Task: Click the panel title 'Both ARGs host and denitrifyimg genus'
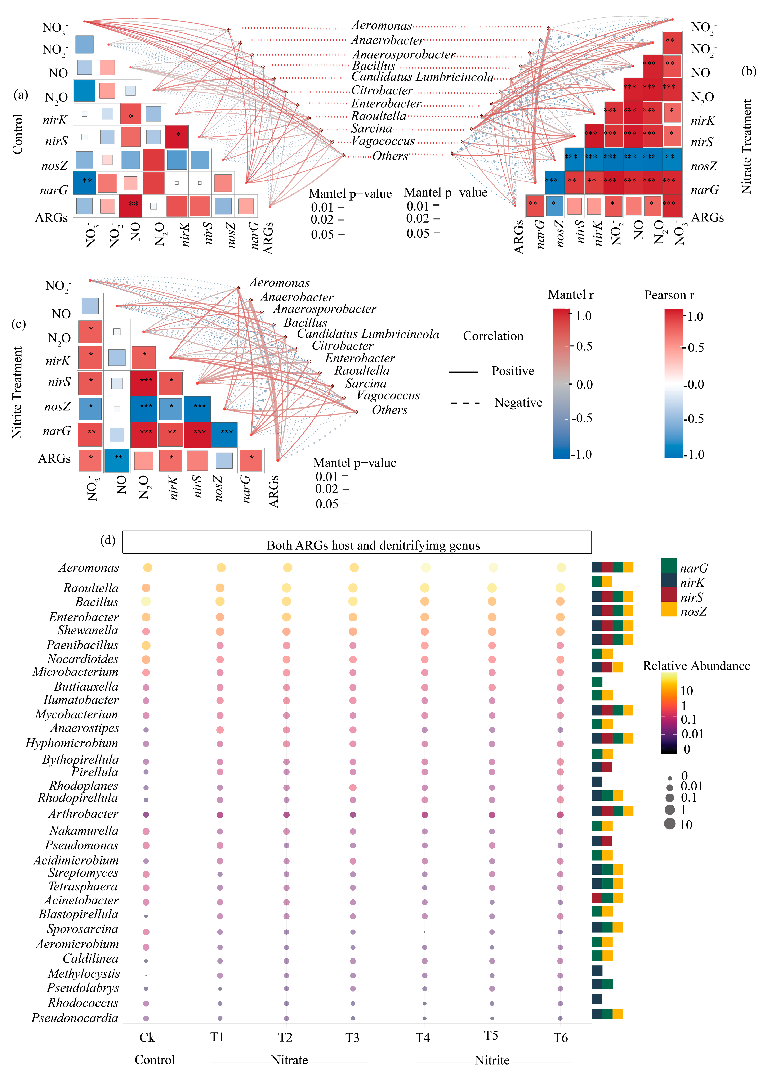[373, 545]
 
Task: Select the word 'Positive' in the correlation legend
[513, 371]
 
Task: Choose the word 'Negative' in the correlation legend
[518, 402]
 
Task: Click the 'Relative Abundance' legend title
[697, 666]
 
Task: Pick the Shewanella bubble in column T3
[353, 631]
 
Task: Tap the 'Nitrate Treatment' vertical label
[746, 146]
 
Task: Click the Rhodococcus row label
[83, 1003]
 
